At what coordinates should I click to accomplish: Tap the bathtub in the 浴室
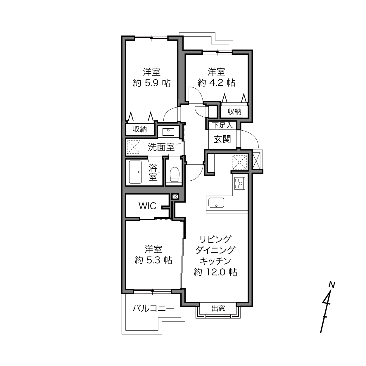(135, 172)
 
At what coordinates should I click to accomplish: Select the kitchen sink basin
(216, 203)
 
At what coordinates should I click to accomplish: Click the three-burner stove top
(239, 183)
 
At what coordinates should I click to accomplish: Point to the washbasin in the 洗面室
(168, 132)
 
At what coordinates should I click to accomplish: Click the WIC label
(147, 206)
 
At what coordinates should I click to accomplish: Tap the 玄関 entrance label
(222, 139)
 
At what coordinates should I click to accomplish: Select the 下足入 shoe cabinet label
(222, 125)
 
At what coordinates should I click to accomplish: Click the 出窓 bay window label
(218, 308)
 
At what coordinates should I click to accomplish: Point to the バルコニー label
(153, 308)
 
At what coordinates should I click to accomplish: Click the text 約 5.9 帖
(151, 83)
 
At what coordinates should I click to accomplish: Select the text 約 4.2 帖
(216, 83)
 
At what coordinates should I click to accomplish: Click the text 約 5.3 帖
(153, 260)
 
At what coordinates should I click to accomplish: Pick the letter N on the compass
(332, 284)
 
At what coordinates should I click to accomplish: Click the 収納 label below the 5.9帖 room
(140, 129)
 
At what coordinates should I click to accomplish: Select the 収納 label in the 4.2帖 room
(234, 111)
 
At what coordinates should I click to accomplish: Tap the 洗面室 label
(161, 147)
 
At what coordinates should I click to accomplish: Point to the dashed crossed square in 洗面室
(134, 147)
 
